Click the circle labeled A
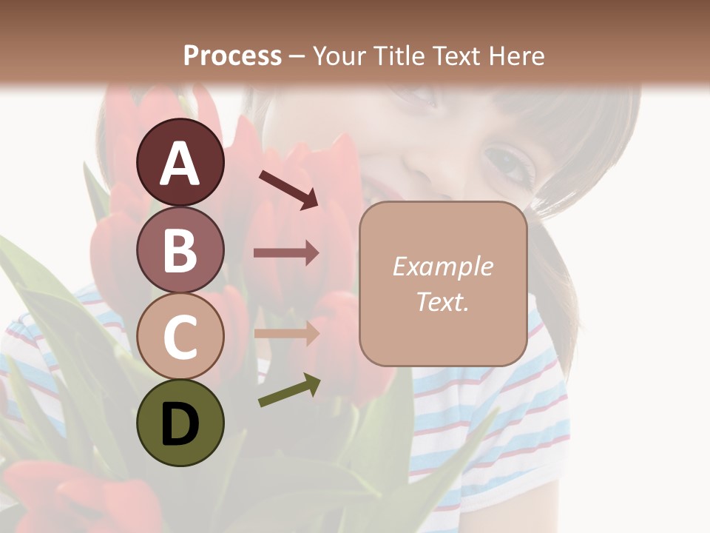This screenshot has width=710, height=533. pos(180,162)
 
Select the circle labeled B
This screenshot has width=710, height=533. pos(180,249)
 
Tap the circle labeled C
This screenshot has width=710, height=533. pos(180,336)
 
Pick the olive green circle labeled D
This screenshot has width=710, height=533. pos(180,423)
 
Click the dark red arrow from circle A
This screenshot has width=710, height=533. pos(288,189)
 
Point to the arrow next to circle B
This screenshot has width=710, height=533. pos(286,253)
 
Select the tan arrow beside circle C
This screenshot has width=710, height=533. pos(286,333)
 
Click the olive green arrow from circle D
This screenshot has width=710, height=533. pos(289,390)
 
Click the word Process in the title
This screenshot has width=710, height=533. pos(232,56)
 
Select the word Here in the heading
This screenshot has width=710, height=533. pos(517,56)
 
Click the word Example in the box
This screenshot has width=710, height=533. pos(442,266)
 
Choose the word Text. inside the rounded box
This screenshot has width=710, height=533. pos(442,302)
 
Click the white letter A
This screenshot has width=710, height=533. pos(180,164)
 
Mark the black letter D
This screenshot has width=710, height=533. pos(180,424)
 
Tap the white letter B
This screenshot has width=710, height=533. pos(180,250)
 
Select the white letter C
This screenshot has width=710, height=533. pos(180,337)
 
